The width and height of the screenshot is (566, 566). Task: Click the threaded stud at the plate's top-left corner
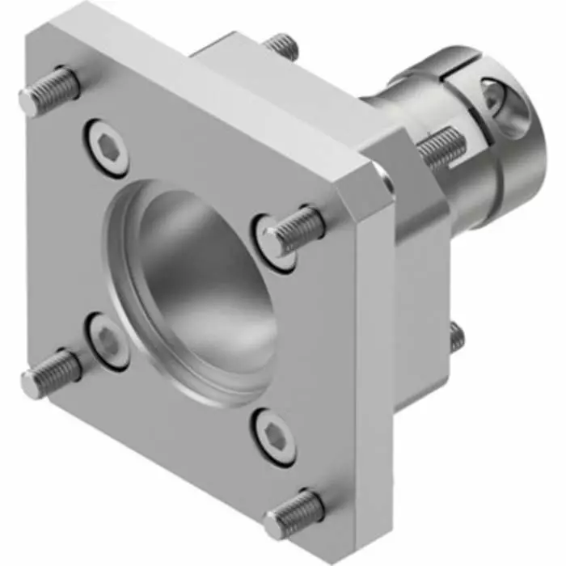click(49, 91)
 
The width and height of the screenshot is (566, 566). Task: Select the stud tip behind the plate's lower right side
click(457, 336)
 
